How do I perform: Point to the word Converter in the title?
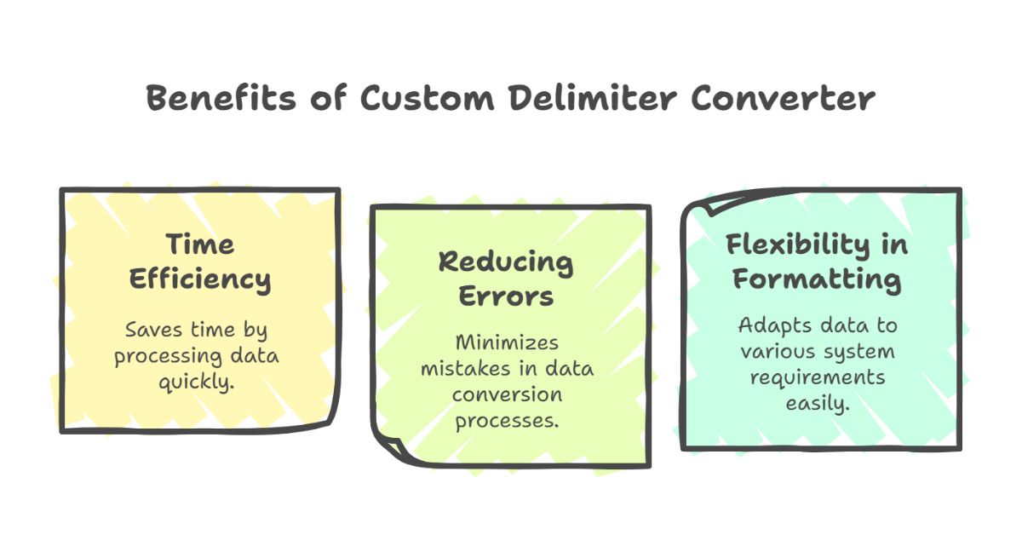click(x=783, y=98)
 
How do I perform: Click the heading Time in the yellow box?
click(x=199, y=244)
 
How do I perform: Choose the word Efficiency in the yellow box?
click(x=199, y=280)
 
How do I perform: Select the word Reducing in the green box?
click(x=506, y=262)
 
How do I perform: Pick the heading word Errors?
click(x=506, y=296)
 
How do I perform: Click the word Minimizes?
click(x=507, y=342)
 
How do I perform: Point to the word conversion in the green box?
click(x=507, y=395)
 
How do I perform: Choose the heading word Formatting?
click(x=817, y=279)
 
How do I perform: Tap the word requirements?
click(x=817, y=378)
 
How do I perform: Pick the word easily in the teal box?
click(x=817, y=404)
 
